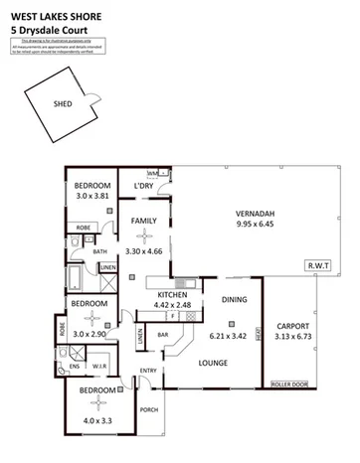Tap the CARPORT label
(x=294, y=326)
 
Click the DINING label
(x=235, y=299)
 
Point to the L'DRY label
(x=142, y=186)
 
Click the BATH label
(x=100, y=251)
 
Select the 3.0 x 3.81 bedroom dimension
(x=95, y=197)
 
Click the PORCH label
(x=150, y=409)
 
